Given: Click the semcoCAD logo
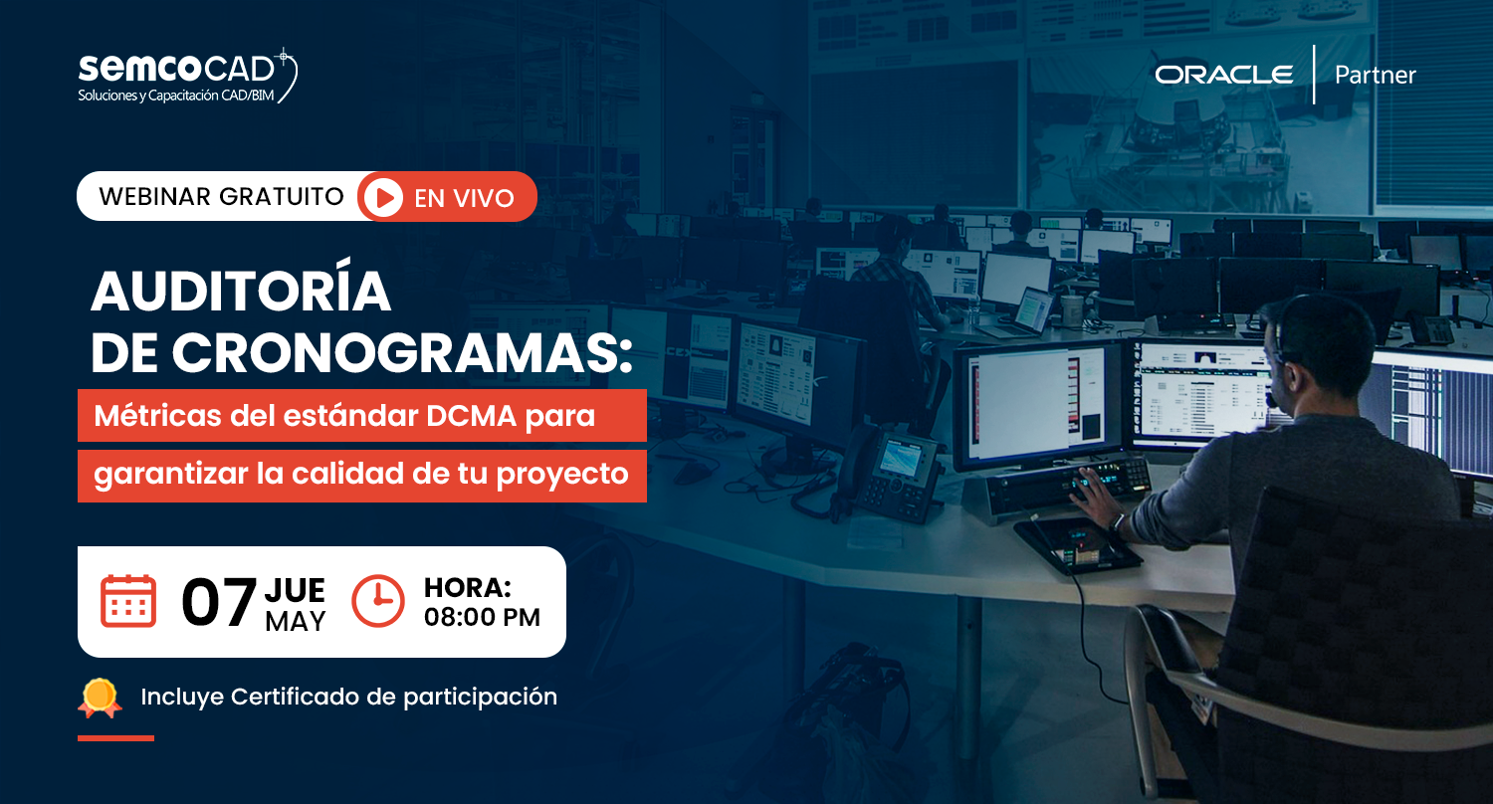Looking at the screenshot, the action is [187, 76].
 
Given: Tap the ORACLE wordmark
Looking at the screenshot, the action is [1223, 75].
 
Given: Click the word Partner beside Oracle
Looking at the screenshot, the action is [1375, 75].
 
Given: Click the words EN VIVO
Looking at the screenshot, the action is [464, 198].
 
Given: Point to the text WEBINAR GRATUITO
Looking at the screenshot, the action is [221, 196].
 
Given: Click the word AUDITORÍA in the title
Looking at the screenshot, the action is [241, 292].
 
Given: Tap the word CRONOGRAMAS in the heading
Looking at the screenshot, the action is [397, 353].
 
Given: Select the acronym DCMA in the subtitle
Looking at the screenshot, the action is [471, 416].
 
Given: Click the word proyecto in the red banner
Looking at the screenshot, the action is [562, 475].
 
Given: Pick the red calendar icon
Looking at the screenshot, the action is [128, 601].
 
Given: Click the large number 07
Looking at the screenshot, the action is [219, 602].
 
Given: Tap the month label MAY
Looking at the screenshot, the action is [296, 621].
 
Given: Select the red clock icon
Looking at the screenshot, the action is [378, 601].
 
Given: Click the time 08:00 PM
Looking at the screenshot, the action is [482, 617].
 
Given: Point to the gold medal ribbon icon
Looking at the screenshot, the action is [100, 698].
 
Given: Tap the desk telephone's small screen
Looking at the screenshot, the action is [899, 459].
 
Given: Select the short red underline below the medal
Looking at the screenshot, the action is [116, 738].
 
